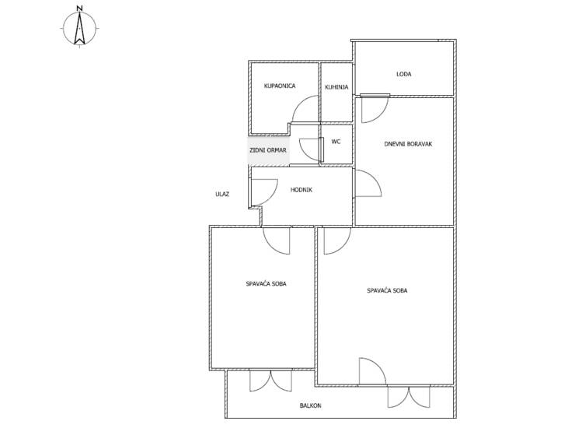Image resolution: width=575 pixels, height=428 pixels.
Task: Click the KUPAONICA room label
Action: point(280,86)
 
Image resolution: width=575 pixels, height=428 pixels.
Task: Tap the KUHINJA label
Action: point(336,87)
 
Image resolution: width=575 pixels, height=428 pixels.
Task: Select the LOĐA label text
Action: point(404,74)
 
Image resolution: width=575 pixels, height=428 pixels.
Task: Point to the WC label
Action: point(336,142)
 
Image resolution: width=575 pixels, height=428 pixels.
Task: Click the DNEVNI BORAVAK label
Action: point(408,144)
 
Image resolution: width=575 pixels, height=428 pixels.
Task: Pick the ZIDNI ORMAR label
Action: point(268,150)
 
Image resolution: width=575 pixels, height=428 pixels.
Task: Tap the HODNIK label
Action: point(301,190)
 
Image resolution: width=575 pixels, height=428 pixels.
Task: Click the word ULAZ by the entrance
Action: point(222,194)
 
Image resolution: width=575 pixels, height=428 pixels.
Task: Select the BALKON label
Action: point(310,405)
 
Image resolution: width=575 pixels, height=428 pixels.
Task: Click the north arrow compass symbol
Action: point(79,28)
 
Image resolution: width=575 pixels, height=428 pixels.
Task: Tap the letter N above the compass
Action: point(79,8)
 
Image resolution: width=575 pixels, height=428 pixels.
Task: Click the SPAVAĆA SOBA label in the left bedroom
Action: point(266,283)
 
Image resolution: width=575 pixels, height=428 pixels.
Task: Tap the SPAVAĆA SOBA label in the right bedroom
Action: point(387,290)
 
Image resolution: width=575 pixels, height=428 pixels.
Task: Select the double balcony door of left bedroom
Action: point(270,381)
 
